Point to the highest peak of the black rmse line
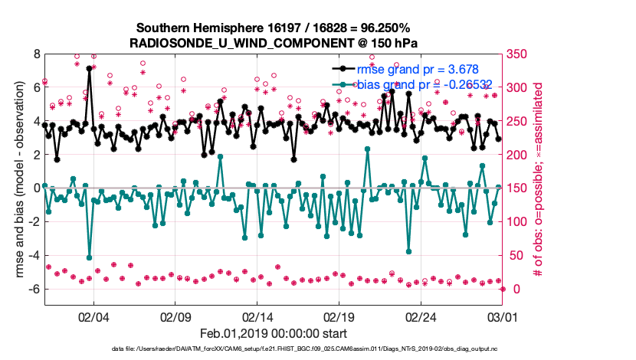90,68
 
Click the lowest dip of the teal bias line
90,257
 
